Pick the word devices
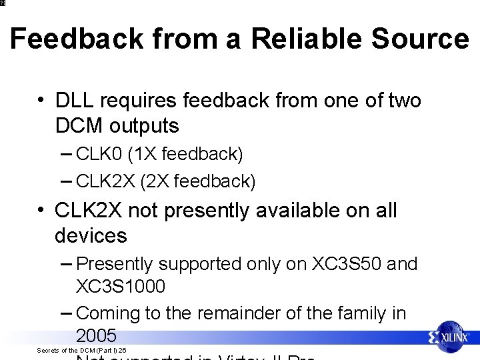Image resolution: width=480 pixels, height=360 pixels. point(91,235)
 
